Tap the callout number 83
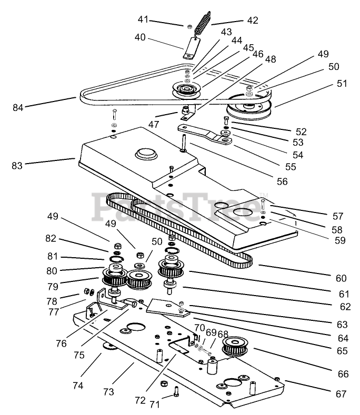(18, 165)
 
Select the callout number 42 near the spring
(253, 21)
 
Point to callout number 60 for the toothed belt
(341, 278)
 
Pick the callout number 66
(343, 374)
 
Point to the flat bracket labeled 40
(189, 49)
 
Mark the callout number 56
(282, 181)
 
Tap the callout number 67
(342, 394)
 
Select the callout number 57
(338, 216)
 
